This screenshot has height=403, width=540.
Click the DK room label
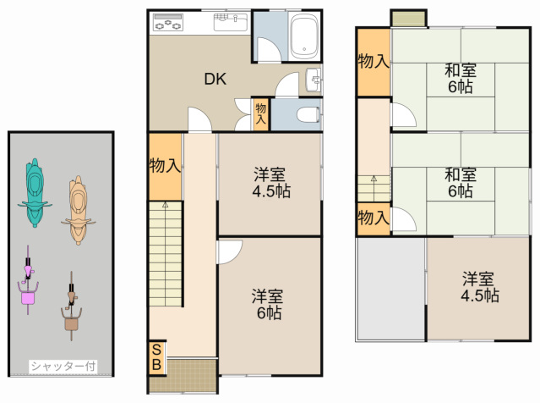click(x=215, y=79)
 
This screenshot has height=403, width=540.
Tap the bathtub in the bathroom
click(x=303, y=36)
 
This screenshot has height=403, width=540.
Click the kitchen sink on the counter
click(x=231, y=22)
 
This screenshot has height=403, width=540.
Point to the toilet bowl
click(x=308, y=114)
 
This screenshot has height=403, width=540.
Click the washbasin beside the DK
click(x=314, y=80)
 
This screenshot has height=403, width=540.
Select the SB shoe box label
click(x=156, y=357)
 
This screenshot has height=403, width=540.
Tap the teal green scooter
click(x=35, y=192)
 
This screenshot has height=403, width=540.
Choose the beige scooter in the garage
click(x=79, y=210)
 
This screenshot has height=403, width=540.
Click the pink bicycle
click(x=28, y=280)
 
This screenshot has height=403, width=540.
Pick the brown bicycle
click(x=71, y=306)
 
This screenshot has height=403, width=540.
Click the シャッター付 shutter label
click(x=63, y=366)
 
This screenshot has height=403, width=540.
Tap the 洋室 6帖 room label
click(x=268, y=304)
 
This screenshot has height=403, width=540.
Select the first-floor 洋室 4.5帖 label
click(x=271, y=183)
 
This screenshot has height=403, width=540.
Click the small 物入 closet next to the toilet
click(x=260, y=114)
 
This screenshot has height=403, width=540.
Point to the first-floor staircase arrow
click(x=166, y=205)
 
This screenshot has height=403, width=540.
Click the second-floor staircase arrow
click(x=374, y=179)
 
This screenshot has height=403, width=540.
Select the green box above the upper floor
click(x=408, y=19)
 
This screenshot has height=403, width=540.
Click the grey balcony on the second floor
click(x=391, y=289)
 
